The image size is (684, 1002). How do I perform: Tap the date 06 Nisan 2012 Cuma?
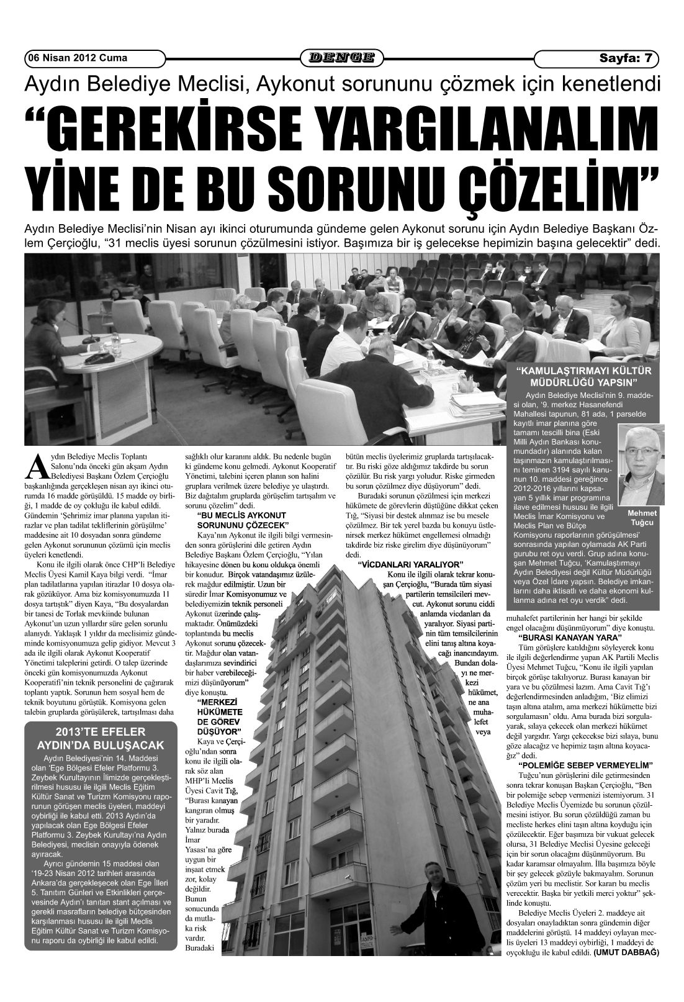77,58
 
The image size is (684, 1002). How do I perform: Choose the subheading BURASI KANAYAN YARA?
569,638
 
